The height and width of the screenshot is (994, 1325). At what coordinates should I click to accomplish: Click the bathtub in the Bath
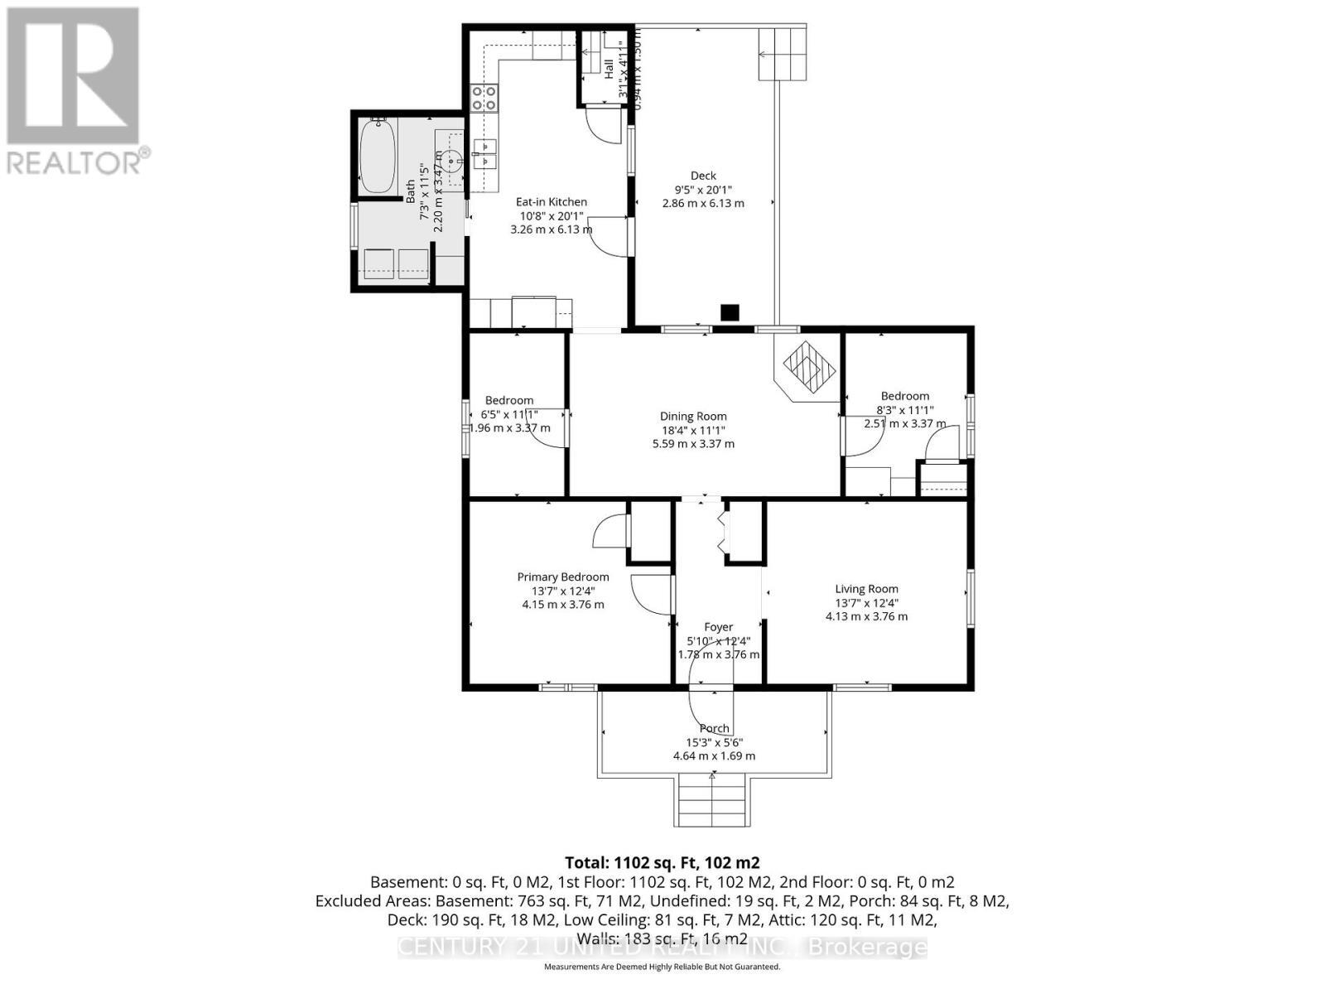[x=378, y=156]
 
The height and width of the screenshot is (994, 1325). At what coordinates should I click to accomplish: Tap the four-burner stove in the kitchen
[x=484, y=99]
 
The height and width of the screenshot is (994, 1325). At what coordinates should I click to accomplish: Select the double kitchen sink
[x=485, y=155]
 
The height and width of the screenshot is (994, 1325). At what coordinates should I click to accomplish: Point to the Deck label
[x=703, y=176]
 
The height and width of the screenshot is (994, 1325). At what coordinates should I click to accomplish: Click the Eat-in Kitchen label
[x=551, y=202]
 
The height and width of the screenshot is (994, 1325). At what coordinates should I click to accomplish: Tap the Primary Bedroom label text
[x=563, y=577]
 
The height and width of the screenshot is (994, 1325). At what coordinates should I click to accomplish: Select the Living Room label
[x=866, y=589]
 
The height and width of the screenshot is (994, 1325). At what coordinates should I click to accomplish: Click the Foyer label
[x=718, y=627]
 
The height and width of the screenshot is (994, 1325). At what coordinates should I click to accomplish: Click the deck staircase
[x=783, y=54]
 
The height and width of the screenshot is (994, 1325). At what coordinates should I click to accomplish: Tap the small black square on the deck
[x=729, y=312]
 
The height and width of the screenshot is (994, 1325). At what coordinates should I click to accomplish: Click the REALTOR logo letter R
[x=73, y=76]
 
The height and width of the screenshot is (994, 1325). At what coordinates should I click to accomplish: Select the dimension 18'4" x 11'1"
[x=693, y=430]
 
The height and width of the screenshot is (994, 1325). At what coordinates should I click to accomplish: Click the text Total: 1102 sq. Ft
[x=662, y=862]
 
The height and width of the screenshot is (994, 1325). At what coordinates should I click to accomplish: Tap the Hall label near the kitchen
[x=609, y=68]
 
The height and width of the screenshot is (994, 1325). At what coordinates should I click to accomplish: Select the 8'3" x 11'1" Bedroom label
[x=904, y=396]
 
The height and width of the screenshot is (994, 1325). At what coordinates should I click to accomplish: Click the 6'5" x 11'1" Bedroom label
[x=509, y=400]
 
